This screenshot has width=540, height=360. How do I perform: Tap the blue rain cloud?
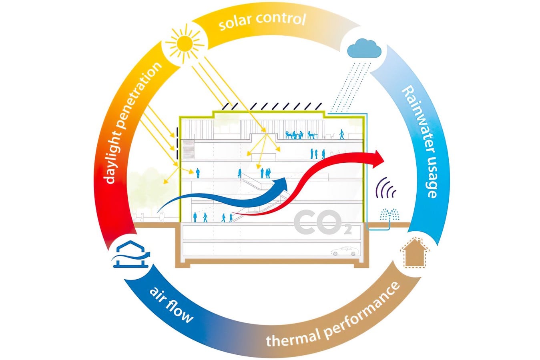point(364,48)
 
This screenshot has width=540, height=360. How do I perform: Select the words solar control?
point(262,21)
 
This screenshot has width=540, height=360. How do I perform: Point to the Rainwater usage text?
point(420,142)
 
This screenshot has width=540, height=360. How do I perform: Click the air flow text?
point(171,305)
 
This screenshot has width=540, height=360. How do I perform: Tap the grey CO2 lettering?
point(323,222)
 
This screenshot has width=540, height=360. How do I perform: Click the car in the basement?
point(345,251)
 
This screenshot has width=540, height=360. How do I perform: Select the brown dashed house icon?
point(414,253)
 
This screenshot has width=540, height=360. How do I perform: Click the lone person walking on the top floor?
point(341,134)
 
